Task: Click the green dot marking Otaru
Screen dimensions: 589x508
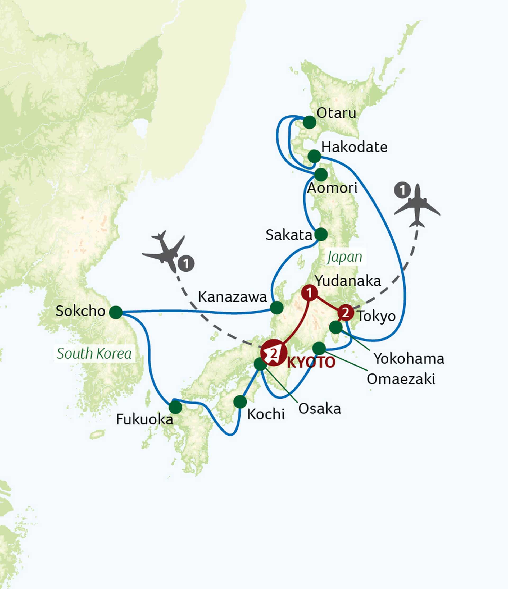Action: click(310, 122)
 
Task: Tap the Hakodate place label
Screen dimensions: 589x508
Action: click(354, 147)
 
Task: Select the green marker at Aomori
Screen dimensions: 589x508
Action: click(321, 175)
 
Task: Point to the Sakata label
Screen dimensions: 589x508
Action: click(289, 235)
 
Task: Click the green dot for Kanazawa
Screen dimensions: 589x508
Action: click(276, 308)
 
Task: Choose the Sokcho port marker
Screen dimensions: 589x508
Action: click(116, 312)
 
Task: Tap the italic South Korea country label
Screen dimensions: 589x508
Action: click(94, 354)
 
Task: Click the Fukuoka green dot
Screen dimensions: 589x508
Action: click(175, 407)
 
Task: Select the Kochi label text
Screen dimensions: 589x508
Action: click(266, 414)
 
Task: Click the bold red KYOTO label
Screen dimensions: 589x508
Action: click(311, 363)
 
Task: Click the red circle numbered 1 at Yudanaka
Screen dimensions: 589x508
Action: click(310, 293)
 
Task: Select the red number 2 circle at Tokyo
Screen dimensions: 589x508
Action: click(346, 313)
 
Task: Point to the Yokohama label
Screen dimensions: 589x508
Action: click(409, 358)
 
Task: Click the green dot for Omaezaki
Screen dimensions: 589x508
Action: click(319, 348)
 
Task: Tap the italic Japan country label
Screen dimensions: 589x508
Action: click(344, 257)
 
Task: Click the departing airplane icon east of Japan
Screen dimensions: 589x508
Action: click(417, 206)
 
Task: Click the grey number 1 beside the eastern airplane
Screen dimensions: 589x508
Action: click(402, 190)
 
